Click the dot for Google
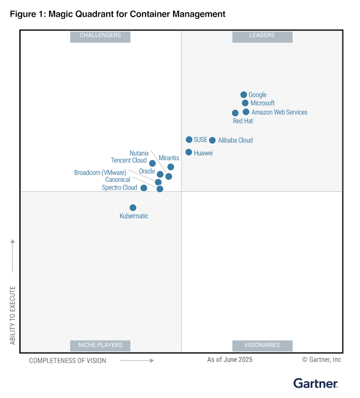point(243,95)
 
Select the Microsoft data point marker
point(245,103)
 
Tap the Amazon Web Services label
point(279,112)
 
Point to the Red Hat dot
point(235,113)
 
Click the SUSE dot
point(189,140)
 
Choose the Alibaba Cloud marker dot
point(212,141)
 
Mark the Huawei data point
point(188,152)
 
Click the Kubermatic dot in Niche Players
point(133,208)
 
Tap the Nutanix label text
point(139,153)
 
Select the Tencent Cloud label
point(129,161)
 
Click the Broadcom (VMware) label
point(100,172)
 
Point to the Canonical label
point(118,180)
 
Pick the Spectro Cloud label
point(120,188)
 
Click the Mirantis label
point(169,158)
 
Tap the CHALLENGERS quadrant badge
point(100,36)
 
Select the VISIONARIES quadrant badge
point(262,345)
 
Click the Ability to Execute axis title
point(13,314)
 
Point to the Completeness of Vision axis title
point(67,361)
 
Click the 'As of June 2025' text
point(230,360)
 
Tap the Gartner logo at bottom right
point(315,383)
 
